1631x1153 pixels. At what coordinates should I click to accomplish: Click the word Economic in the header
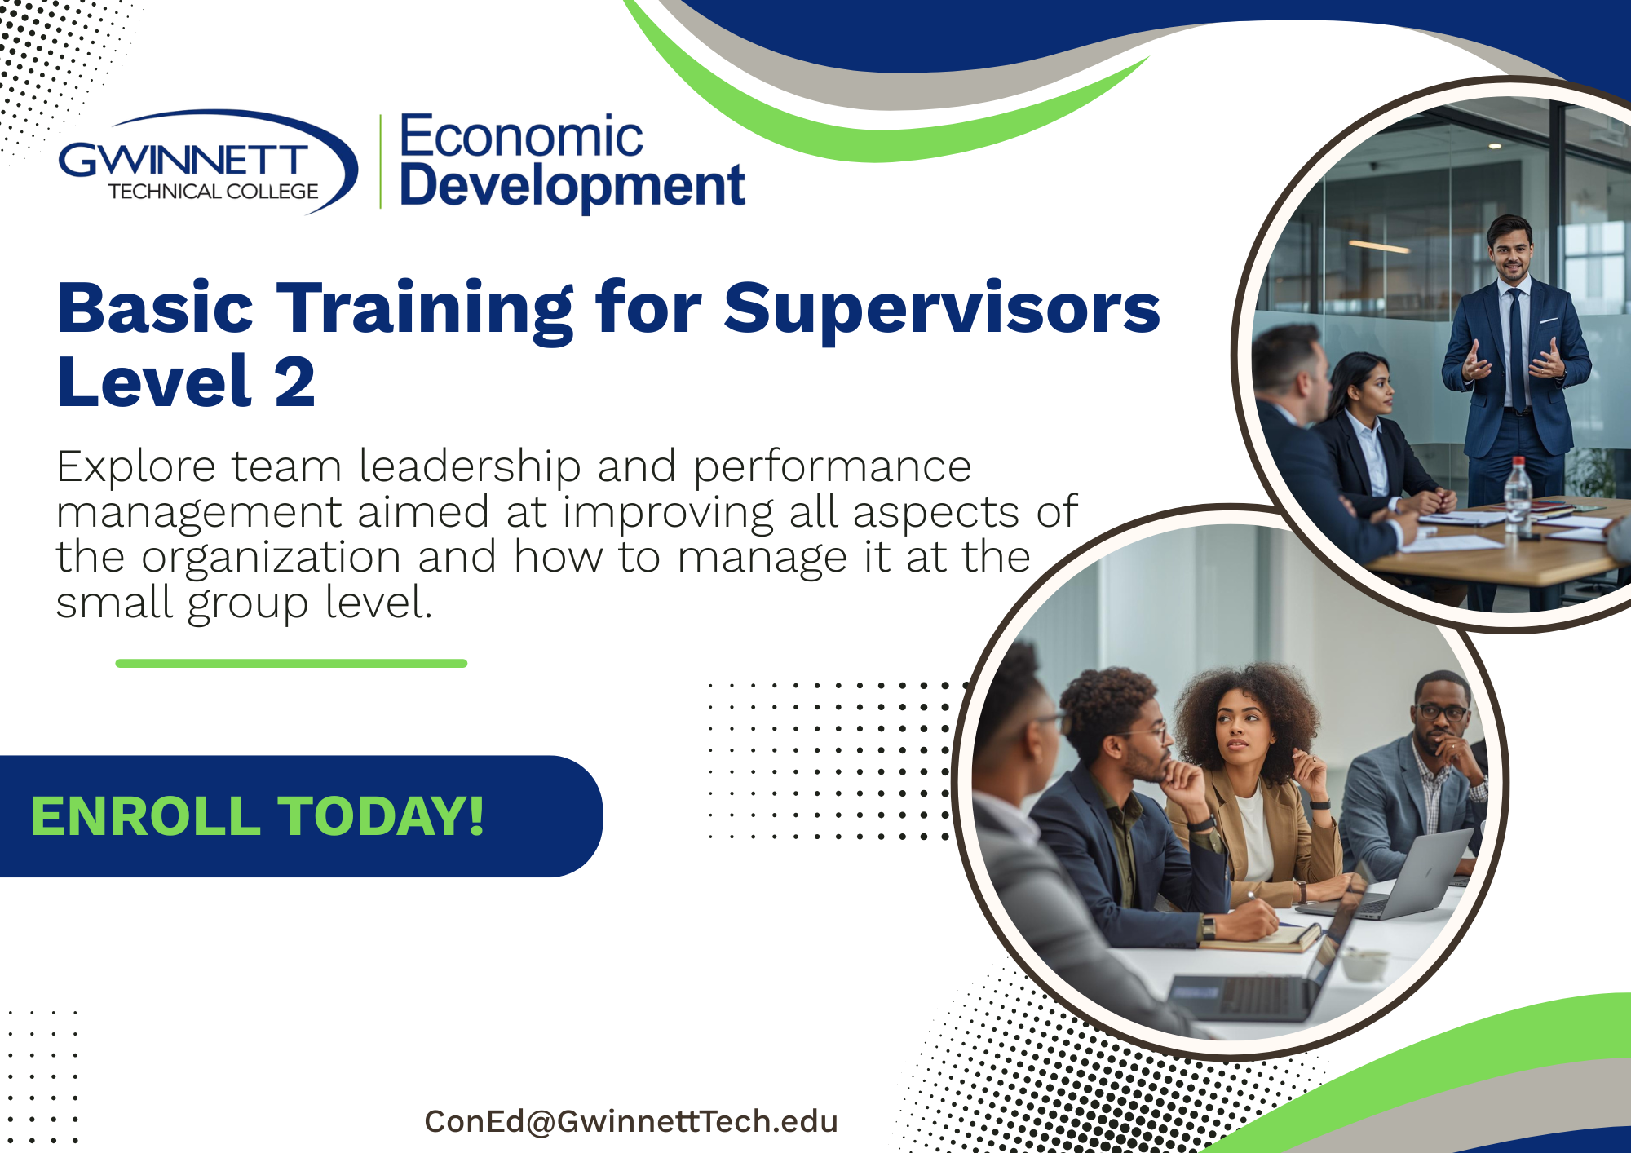tap(521, 136)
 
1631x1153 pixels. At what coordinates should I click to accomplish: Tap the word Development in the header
tap(572, 187)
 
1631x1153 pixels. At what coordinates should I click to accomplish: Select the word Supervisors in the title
tap(942, 310)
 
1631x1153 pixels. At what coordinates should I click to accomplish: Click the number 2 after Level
tap(295, 382)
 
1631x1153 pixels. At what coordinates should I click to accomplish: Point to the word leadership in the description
tap(470, 466)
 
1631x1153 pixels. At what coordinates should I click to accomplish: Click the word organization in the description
tap(271, 558)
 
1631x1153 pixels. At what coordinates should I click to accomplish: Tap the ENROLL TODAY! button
tap(300, 816)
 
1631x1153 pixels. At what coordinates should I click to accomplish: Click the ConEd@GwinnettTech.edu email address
tap(631, 1121)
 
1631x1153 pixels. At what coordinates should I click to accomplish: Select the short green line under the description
tap(291, 664)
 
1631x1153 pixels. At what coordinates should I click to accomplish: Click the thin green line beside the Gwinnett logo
tap(380, 161)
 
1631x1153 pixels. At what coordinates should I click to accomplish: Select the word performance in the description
tap(832, 468)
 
